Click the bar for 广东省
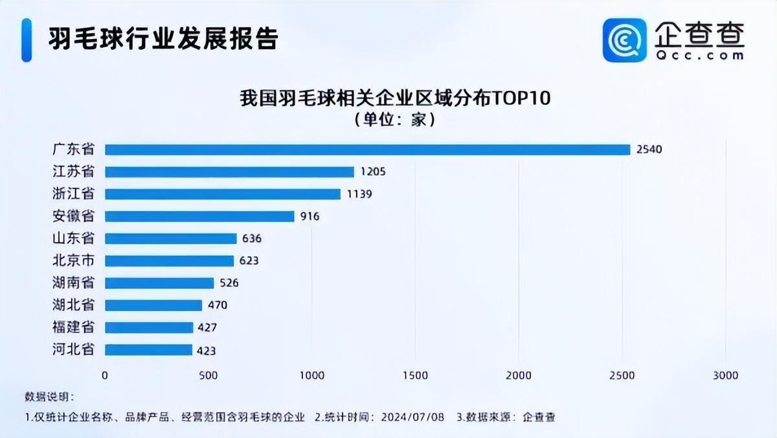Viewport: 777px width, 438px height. tap(367, 150)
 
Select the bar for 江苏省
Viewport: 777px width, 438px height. tap(229, 172)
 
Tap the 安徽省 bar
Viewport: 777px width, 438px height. tap(199, 216)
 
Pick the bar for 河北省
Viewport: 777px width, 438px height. tap(148, 350)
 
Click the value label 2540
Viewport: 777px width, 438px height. tap(649, 150)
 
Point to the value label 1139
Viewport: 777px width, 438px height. tap(359, 194)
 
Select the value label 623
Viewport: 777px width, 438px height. tap(248, 261)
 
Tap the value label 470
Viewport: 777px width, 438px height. tap(217, 305)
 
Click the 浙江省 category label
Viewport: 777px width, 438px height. tap(73, 194)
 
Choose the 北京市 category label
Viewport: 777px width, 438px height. tap(73, 260)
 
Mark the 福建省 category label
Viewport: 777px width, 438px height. tap(73, 327)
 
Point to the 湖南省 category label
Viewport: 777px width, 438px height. tap(73, 283)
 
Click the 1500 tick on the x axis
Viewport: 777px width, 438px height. tap(415, 375)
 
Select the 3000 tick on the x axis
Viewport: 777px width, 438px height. tap(725, 375)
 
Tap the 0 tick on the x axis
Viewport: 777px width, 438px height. tap(105, 375)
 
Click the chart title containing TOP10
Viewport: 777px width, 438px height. tap(394, 99)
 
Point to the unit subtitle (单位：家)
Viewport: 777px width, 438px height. tap(394, 120)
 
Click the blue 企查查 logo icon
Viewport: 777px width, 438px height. tap(625, 40)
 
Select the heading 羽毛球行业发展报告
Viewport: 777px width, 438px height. tap(163, 39)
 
